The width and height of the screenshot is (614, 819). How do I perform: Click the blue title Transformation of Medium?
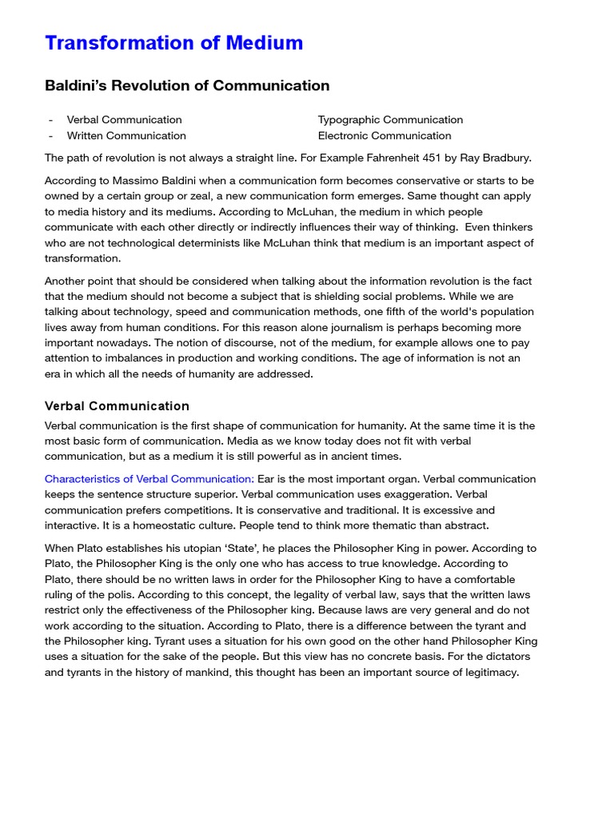click(x=173, y=43)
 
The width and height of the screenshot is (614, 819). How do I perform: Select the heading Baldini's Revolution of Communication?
click(x=187, y=86)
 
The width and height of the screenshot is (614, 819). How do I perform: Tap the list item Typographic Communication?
click(x=390, y=120)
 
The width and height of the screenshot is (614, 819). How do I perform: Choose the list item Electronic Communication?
click(x=385, y=136)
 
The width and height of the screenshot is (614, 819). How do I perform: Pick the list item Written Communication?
click(x=126, y=136)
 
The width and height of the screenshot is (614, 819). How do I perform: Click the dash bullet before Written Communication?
click(x=50, y=136)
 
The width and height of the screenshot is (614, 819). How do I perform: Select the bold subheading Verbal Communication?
click(x=117, y=406)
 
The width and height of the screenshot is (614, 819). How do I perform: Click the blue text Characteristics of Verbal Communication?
click(x=150, y=479)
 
